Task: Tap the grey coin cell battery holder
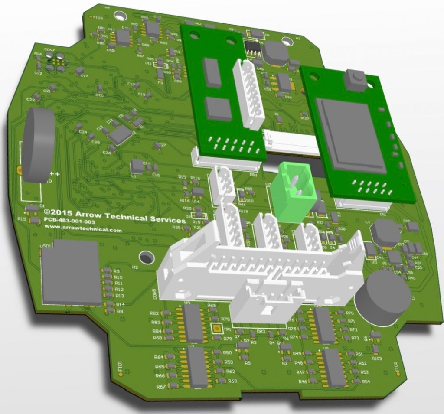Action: (38, 145)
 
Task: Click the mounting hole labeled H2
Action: (147, 257)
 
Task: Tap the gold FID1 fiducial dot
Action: (120, 372)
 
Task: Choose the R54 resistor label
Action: (365, 381)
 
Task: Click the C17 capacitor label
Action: (84, 76)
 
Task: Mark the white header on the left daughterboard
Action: (248, 94)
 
